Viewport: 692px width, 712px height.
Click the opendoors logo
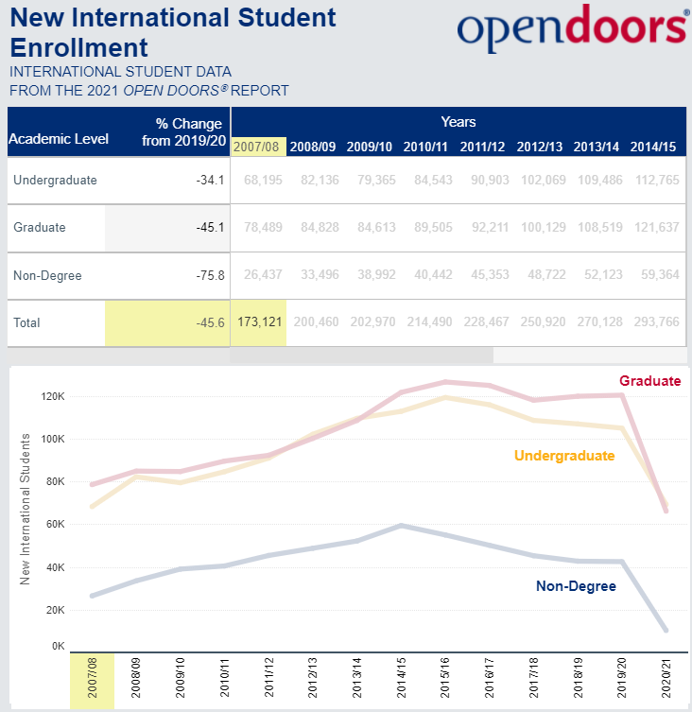572,27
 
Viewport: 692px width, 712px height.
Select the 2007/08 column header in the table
258,147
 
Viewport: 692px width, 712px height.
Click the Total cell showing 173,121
258,322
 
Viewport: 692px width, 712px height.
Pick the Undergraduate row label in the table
56,181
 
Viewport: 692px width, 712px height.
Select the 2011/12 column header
485,147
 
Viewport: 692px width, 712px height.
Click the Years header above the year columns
458,122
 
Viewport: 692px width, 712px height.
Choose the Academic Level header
59,139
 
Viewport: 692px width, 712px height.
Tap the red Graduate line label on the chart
649,381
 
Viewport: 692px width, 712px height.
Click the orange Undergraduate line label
564,456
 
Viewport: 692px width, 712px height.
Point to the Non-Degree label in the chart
576,586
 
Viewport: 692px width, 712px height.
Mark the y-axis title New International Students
26,508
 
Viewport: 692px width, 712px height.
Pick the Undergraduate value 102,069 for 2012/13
542,181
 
